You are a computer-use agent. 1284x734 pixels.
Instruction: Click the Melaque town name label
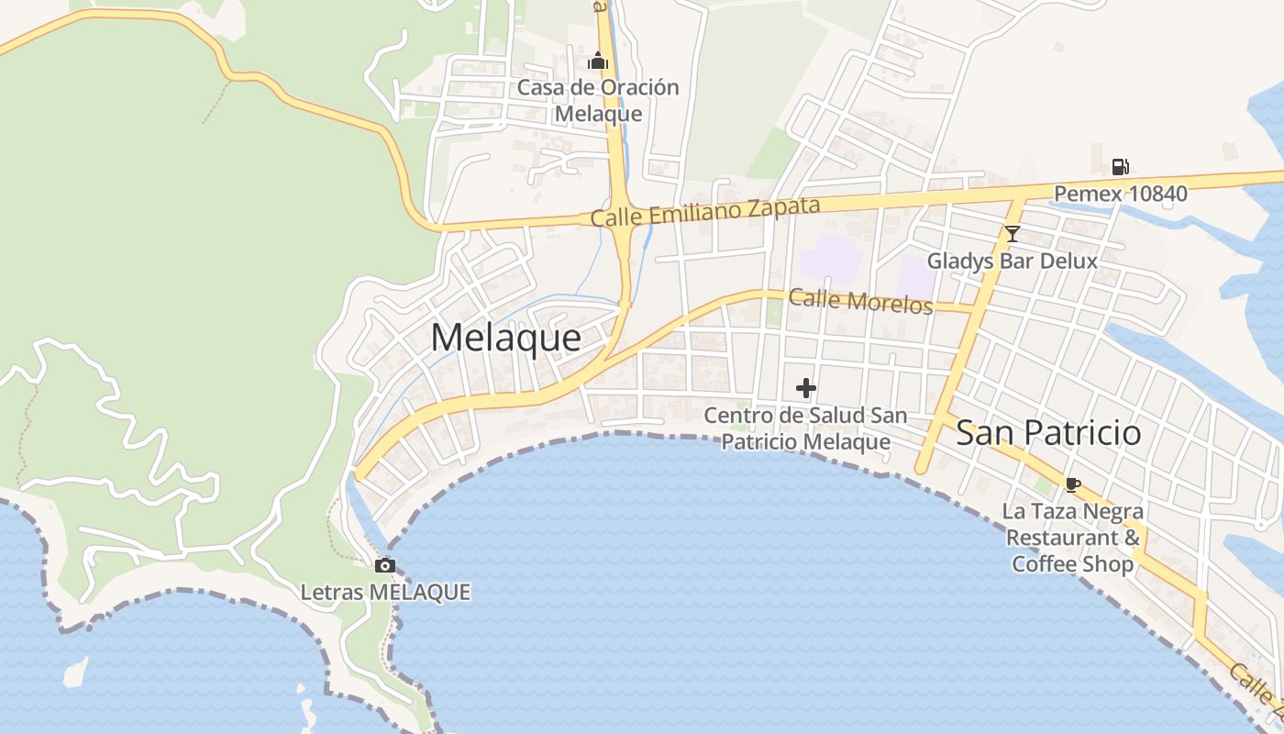pos(505,338)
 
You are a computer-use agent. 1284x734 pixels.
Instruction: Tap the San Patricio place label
pos(1048,432)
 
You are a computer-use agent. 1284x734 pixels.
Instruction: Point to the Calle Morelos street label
pos(860,300)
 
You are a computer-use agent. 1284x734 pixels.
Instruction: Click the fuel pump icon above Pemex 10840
pos(1120,167)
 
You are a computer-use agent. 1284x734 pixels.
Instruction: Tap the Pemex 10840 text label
pos(1120,194)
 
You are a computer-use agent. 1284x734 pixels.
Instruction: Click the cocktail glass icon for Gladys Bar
pos(1012,234)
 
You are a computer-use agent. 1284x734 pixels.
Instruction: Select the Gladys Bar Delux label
pos(1012,261)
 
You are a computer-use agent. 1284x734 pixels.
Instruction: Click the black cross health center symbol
pos(805,389)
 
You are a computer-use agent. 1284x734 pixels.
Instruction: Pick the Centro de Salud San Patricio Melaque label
pos(805,428)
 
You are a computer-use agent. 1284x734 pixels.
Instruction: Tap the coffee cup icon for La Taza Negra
pos(1072,484)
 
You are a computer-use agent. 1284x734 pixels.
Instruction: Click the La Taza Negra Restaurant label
pos(1072,537)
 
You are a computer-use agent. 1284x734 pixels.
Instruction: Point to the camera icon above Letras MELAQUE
pos(385,565)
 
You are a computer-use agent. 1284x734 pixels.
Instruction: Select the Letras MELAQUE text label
pos(385,592)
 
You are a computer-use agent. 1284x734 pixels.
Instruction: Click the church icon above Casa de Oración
pos(598,61)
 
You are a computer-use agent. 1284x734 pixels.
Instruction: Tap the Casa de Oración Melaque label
pos(598,101)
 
